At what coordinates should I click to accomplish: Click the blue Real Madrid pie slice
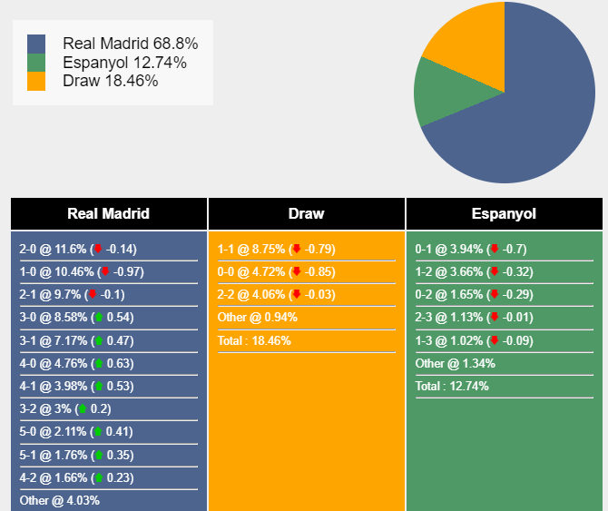tap(535, 109)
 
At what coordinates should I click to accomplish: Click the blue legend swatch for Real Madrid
tap(36, 44)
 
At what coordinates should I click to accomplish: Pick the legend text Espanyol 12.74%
tap(125, 63)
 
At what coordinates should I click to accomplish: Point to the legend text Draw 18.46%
tap(111, 81)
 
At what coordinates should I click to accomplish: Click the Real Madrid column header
tap(108, 214)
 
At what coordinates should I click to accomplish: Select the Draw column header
tap(306, 214)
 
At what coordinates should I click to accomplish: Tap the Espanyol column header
tap(504, 214)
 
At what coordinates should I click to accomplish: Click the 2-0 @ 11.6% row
tap(78, 249)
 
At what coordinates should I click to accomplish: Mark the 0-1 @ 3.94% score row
tap(470, 249)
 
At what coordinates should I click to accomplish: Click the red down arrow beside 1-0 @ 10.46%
tap(104, 271)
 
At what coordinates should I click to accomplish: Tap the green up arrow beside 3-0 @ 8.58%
tap(98, 318)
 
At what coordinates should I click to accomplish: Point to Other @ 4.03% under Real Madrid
tap(60, 500)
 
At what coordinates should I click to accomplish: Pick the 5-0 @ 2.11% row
tap(77, 431)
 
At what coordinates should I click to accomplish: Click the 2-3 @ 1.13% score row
tap(470, 317)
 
